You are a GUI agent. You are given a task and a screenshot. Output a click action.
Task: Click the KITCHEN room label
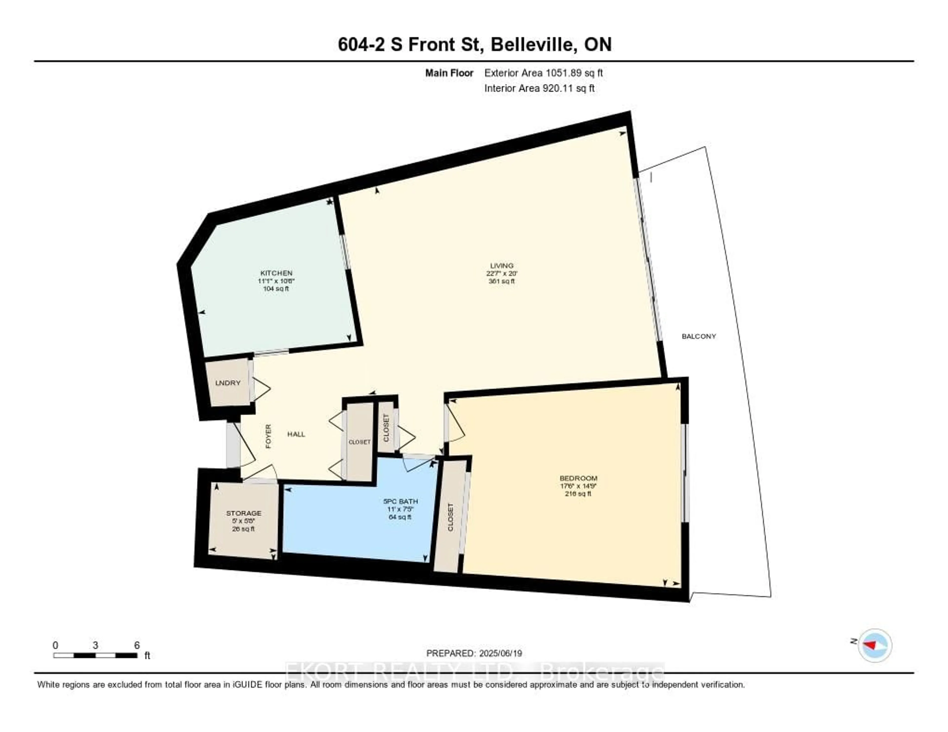276,273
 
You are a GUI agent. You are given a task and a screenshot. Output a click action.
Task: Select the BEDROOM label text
578,478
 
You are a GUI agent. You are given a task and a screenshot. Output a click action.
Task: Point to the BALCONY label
698,336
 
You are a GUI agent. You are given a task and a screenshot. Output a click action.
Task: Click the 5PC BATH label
400,501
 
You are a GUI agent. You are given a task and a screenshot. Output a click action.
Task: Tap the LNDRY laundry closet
228,383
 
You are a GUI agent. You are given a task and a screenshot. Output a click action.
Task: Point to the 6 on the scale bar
137,645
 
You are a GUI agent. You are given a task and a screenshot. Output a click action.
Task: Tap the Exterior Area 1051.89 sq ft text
543,73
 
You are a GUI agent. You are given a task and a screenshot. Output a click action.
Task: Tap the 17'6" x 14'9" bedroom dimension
578,486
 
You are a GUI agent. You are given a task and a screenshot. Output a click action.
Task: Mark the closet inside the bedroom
450,516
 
